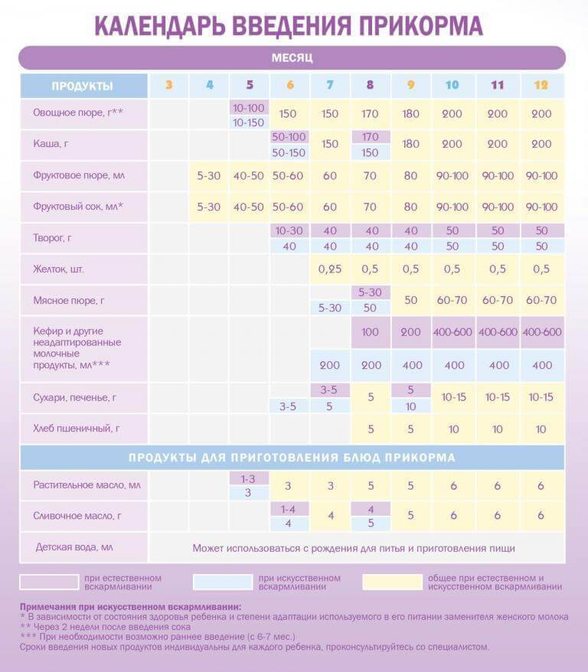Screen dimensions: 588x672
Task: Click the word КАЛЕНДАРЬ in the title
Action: pyautogui.click(x=159, y=26)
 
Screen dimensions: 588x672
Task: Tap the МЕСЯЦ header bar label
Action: pyautogui.click(x=292, y=58)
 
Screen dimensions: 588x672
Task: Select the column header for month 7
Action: pyautogui.click(x=329, y=85)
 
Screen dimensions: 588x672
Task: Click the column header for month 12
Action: pyautogui.click(x=541, y=85)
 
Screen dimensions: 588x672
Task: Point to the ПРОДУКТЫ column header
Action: pyautogui.click(x=82, y=86)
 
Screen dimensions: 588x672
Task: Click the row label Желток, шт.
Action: pyautogui.click(x=58, y=269)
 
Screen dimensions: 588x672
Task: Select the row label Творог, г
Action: pyautogui.click(x=52, y=238)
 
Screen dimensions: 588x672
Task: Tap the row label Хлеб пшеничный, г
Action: pyautogui.click(x=77, y=428)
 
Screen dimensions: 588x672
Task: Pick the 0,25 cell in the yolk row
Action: pyautogui.click(x=329, y=269)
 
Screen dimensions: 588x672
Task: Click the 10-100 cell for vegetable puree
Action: pyautogui.click(x=249, y=108)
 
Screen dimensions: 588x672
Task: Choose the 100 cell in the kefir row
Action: pyautogui.click(x=370, y=331)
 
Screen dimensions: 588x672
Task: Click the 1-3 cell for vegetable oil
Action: pyautogui.click(x=248, y=478)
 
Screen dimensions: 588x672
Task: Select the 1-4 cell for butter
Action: pyautogui.click(x=288, y=509)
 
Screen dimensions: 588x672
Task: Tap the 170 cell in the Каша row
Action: pyautogui.click(x=371, y=137)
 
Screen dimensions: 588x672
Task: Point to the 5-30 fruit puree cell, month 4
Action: pyautogui.click(x=209, y=176)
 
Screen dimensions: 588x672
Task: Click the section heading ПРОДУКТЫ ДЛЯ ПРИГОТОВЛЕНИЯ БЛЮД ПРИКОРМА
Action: pyautogui.click(x=292, y=457)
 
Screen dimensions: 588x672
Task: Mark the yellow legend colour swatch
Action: pyautogui.click(x=392, y=582)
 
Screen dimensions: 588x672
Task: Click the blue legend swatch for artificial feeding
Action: pyautogui.click(x=223, y=582)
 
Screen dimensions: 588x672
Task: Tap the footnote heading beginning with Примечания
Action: pyautogui.click(x=130, y=607)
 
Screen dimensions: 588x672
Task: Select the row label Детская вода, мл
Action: pyautogui.click(x=74, y=547)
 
